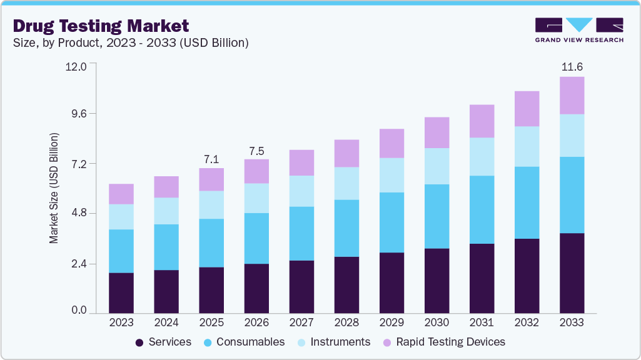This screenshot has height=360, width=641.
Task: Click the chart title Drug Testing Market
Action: point(101,26)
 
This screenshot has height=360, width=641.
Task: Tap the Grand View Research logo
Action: point(579,30)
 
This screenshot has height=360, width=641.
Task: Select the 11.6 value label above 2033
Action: point(572,67)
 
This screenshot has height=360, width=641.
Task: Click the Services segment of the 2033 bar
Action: point(572,273)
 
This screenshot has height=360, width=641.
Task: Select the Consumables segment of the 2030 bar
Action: point(437,216)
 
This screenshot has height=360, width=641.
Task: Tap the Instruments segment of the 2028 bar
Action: point(346,183)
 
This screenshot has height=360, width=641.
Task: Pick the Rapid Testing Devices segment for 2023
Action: point(121,194)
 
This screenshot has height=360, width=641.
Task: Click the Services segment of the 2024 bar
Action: point(166,291)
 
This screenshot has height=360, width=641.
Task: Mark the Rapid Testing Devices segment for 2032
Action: point(527,109)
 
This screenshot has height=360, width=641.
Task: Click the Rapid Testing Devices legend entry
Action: point(443,342)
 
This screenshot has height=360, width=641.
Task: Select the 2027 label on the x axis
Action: point(301,322)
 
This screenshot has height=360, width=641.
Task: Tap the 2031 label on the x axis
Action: point(482,322)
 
